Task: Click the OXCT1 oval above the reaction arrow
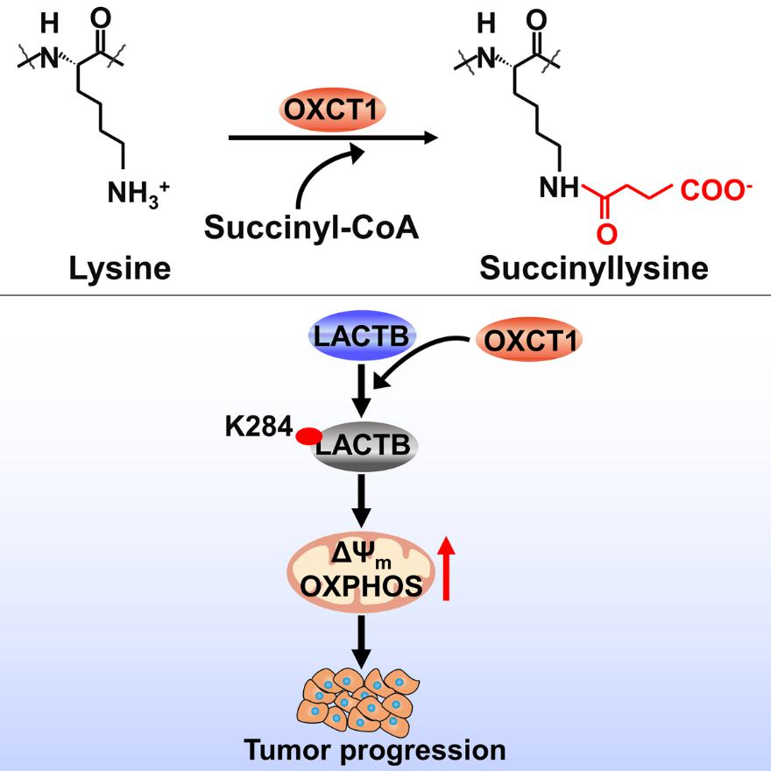point(332,110)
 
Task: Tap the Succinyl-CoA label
point(311,227)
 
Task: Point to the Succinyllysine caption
point(594,269)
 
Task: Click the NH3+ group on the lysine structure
point(138,192)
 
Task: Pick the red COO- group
point(717,190)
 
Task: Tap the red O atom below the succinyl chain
point(607,233)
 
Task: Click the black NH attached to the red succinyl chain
point(560,187)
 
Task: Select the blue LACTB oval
point(361,336)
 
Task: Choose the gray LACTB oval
point(364,446)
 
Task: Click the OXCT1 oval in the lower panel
point(529,340)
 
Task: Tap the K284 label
point(258,427)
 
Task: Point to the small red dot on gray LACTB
point(308,435)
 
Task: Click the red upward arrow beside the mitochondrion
point(447,568)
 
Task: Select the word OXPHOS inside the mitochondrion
point(361,586)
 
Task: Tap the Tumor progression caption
point(375,750)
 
